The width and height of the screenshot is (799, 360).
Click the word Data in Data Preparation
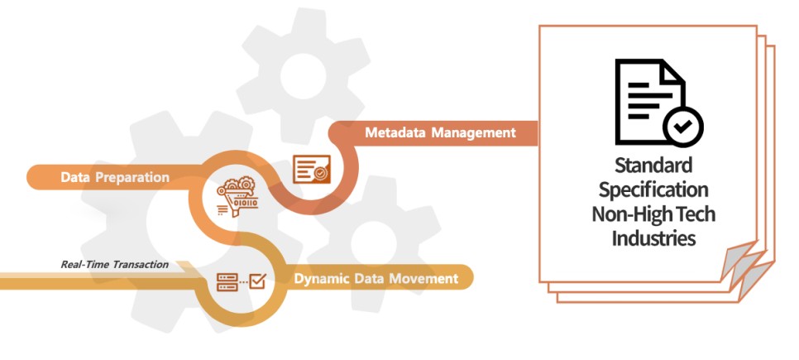tap(75, 177)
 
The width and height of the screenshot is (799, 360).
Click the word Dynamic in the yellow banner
tap(322, 278)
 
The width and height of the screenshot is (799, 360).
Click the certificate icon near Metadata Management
tap(312, 170)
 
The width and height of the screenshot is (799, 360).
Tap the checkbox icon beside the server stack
tap(257, 281)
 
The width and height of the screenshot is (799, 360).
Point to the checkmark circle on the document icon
tap(683, 127)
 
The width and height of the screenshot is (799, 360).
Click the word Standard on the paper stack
tap(653, 166)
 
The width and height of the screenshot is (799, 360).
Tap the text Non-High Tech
tap(653, 214)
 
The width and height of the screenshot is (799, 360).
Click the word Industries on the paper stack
tap(653, 238)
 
